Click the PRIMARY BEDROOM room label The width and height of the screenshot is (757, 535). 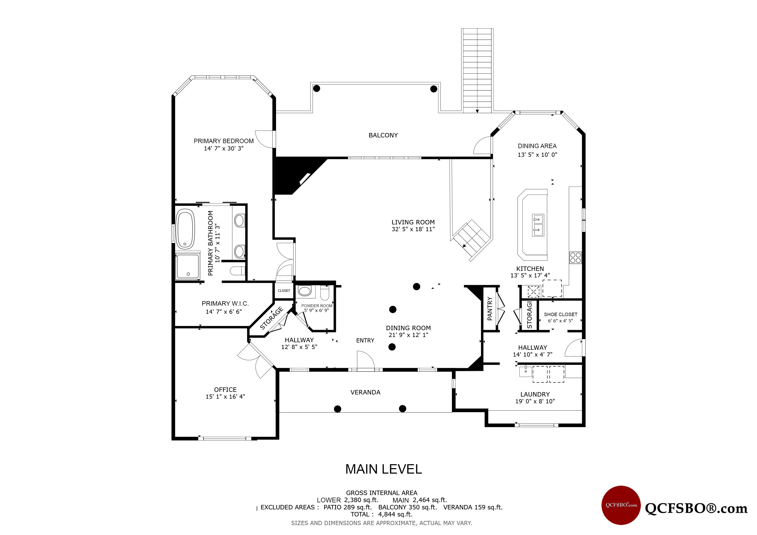point(223,141)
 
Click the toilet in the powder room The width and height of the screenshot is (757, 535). point(325,293)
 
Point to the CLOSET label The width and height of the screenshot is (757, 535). point(284,290)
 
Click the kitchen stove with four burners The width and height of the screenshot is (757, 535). point(575,258)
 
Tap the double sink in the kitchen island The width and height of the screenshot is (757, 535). point(538,225)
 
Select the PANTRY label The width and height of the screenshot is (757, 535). point(490,309)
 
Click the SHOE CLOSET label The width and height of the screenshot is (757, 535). point(560,314)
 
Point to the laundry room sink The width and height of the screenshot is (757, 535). point(526,372)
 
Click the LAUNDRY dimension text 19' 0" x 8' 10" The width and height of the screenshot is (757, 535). point(535,401)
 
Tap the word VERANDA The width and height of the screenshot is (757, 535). point(365,392)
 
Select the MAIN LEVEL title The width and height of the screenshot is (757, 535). point(383,469)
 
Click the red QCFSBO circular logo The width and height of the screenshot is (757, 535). point(621,505)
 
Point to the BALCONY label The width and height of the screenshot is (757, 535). point(383,135)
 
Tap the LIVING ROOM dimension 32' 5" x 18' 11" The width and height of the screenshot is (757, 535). point(413,229)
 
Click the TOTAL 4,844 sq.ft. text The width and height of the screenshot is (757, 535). point(381,514)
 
